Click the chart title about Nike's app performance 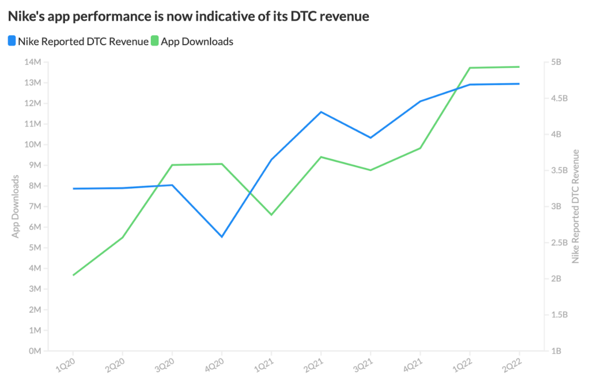click(x=188, y=17)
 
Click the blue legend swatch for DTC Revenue click(x=12, y=41)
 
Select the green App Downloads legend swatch click(x=154, y=41)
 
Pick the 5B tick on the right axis click(x=559, y=62)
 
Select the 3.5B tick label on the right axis click(x=561, y=170)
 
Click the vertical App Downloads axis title click(x=16, y=206)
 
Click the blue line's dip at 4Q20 click(x=222, y=236)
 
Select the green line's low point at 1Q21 click(x=271, y=215)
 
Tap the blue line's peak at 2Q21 click(x=321, y=112)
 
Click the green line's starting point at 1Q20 click(x=73, y=275)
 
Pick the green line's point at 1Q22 click(x=470, y=68)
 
